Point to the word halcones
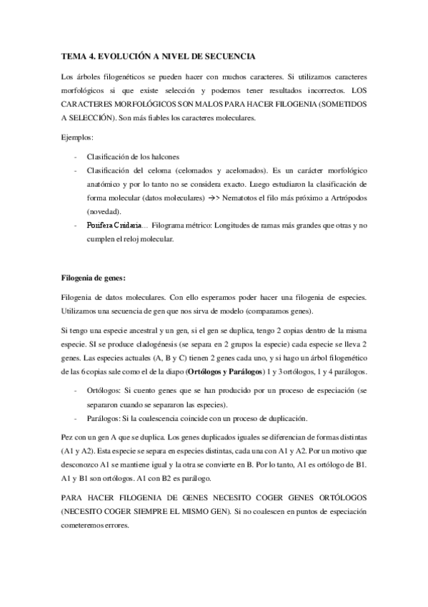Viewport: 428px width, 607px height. (x=162, y=156)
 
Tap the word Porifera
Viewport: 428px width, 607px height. (x=101, y=226)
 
